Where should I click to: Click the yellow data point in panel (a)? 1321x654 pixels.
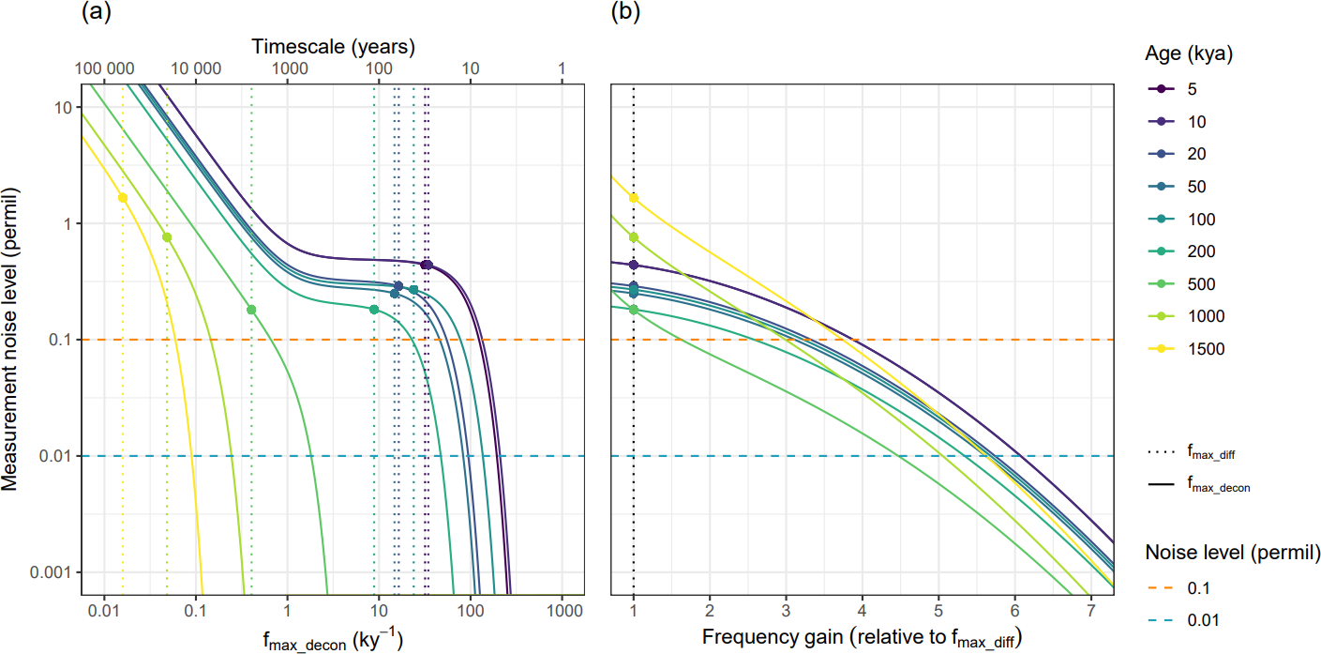click(123, 197)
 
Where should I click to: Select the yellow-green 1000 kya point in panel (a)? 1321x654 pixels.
click(167, 237)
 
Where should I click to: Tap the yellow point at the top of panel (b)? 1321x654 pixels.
click(634, 198)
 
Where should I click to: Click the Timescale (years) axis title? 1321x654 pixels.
click(333, 45)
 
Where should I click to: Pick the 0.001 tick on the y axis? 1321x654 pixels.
click(53, 572)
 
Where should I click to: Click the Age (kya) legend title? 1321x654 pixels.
click(1188, 54)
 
